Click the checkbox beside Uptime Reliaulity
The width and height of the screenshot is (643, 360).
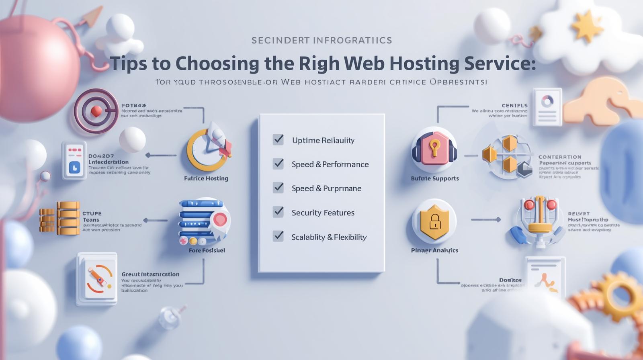278,140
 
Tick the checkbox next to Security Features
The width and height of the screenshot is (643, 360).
278,212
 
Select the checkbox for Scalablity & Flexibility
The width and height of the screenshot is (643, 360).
278,236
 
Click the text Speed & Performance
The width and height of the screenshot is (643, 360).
330,164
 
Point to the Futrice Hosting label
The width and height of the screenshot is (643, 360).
206,178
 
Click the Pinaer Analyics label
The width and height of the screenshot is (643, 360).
434,250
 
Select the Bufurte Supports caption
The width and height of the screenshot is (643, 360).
435,178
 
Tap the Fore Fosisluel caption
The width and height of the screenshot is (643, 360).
207,250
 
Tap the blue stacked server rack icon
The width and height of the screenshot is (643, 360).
201,220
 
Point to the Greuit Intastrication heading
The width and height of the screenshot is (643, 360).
150,274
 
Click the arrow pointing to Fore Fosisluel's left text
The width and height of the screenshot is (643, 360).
155,220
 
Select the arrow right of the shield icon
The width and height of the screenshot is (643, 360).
486,220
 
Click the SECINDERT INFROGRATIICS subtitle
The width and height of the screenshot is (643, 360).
321,40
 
